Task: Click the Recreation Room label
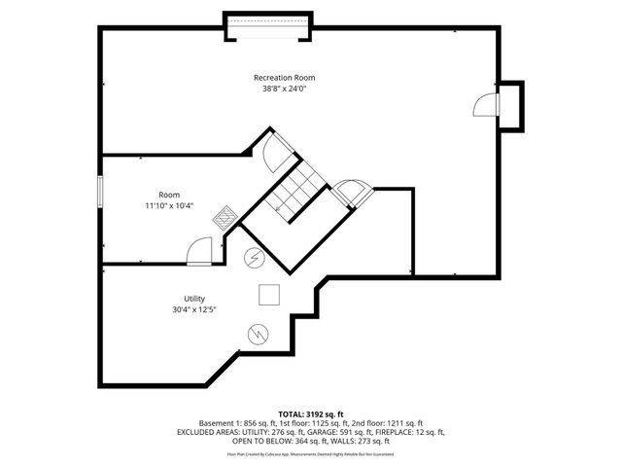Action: pyautogui.click(x=284, y=77)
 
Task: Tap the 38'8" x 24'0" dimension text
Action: pyautogui.click(x=284, y=89)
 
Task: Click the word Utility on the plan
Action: pyautogui.click(x=194, y=299)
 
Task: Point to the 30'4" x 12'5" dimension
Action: pyautogui.click(x=194, y=310)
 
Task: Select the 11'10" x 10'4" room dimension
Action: pyautogui.click(x=169, y=205)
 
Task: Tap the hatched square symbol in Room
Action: pyautogui.click(x=225, y=217)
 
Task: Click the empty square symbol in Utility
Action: pyautogui.click(x=269, y=294)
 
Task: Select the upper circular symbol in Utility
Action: pyautogui.click(x=254, y=259)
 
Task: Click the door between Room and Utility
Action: pyautogui.click(x=199, y=252)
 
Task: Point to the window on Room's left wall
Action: pyautogui.click(x=100, y=191)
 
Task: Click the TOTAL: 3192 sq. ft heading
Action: pyautogui.click(x=310, y=413)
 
